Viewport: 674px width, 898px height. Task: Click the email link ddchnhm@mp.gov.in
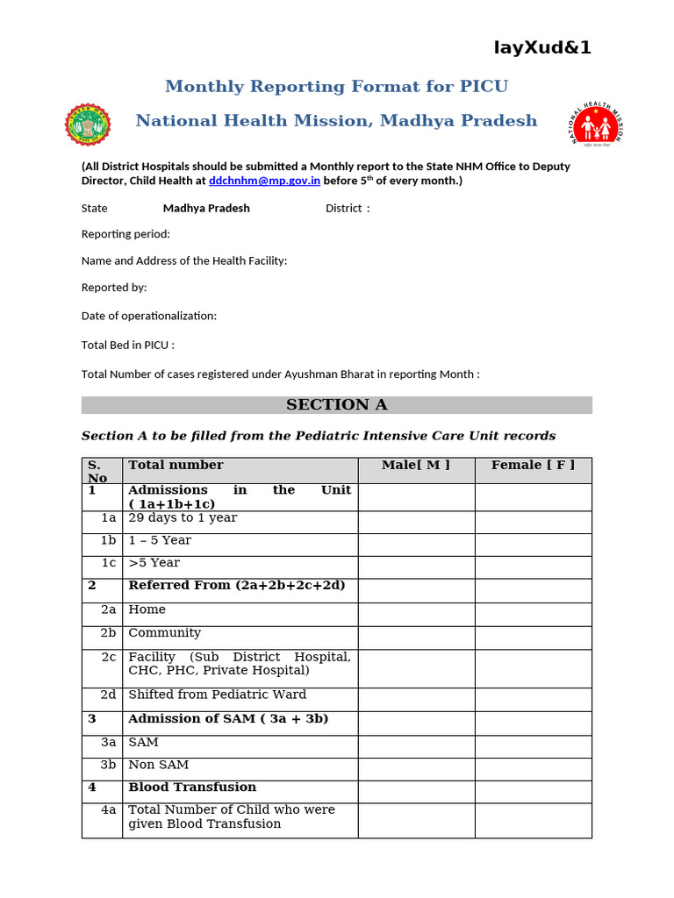[x=264, y=181]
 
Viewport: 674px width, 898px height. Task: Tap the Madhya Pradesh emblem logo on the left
[x=89, y=124]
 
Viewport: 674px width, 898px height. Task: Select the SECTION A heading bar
[x=336, y=405]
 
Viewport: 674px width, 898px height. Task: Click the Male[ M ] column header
[x=416, y=466]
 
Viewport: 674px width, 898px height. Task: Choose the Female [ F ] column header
[x=533, y=466]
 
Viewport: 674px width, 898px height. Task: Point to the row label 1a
[x=109, y=518]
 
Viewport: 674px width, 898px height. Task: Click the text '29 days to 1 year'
[x=183, y=518]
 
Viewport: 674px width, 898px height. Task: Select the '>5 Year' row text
[x=154, y=563]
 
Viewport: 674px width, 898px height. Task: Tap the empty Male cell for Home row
[x=416, y=614]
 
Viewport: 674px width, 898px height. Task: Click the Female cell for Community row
[x=533, y=638]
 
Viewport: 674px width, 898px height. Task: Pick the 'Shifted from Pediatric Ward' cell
[x=218, y=695]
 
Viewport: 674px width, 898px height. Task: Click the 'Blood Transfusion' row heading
[x=192, y=788]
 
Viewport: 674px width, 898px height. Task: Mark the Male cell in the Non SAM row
[x=416, y=769]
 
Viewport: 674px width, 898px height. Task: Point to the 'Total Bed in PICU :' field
[x=128, y=345]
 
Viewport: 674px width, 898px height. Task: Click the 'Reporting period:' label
[x=125, y=234]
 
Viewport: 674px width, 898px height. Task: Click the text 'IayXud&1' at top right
[x=542, y=48]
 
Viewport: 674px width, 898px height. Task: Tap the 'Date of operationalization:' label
[x=149, y=316]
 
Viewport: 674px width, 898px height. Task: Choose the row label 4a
[x=109, y=810]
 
